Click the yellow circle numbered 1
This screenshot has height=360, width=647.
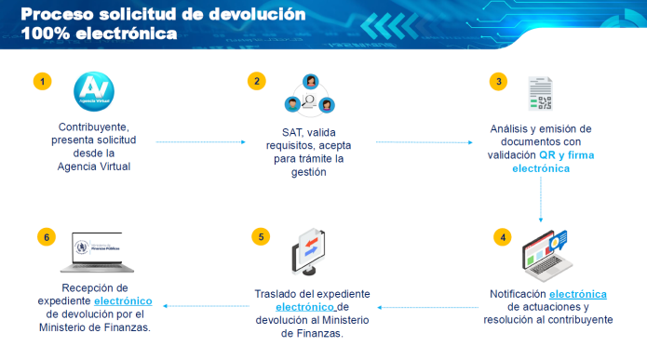click(42, 82)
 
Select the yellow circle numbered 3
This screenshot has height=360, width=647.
click(500, 82)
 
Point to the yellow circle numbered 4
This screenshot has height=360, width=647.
click(504, 236)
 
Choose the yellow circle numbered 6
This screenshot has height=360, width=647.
click(42, 236)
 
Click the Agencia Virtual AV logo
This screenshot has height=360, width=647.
click(92, 93)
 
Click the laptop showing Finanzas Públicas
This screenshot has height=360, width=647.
click(105, 250)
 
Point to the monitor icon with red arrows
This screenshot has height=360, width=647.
click(310, 252)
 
